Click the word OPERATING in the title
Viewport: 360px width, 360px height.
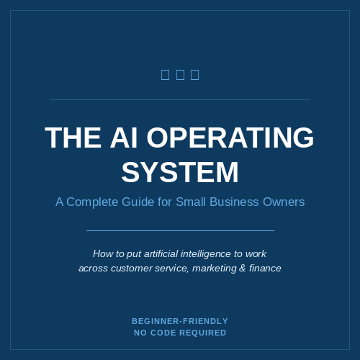point(230,138)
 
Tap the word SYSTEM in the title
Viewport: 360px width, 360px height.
point(180,172)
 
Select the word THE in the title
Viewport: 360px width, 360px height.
point(73,138)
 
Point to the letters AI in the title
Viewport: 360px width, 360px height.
point(124,138)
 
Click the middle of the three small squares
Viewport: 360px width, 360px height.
point(180,75)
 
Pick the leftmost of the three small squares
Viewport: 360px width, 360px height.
point(165,75)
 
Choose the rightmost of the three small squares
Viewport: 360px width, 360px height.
point(195,75)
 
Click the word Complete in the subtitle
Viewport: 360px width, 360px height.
point(92,202)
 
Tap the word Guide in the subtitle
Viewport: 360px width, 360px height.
point(138,202)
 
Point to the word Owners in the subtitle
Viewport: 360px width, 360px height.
point(284,202)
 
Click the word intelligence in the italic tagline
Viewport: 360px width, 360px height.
point(205,254)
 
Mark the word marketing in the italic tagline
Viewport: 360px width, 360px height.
point(215,269)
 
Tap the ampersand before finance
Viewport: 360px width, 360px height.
point(243,268)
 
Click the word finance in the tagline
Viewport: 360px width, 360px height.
point(265,268)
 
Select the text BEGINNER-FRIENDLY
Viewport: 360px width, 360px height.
point(180,321)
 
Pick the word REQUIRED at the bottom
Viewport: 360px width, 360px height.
point(203,333)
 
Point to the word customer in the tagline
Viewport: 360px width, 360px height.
point(132,269)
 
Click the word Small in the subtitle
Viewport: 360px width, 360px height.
point(191,202)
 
